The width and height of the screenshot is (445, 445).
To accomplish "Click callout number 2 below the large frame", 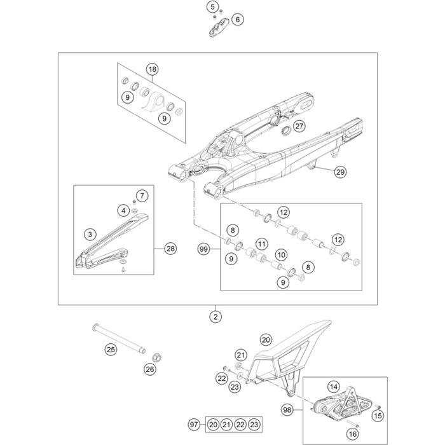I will coord(216,316).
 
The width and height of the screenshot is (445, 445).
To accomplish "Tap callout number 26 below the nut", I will coord(150,369).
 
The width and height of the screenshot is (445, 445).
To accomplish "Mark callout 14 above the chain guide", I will coord(333,385).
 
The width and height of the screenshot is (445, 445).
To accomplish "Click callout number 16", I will coord(353,433).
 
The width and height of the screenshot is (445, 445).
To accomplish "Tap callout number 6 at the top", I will coord(237,19).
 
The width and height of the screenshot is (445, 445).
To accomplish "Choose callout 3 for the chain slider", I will coord(90,234).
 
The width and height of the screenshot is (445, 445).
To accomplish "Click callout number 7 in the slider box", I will coord(142,195).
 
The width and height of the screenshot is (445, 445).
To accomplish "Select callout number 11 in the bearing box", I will coord(261,244).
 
